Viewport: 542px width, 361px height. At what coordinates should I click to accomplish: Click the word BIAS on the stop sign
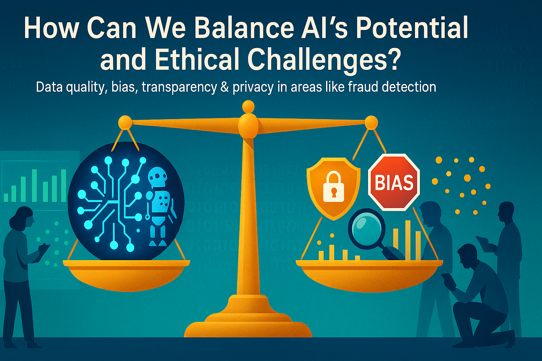(x=394, y=182)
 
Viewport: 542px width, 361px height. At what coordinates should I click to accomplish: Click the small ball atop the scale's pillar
(x=248, y=106)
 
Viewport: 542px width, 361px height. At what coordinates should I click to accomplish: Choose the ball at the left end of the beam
(x=125, y=122)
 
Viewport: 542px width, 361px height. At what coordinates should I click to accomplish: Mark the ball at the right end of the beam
(x=371, y=122)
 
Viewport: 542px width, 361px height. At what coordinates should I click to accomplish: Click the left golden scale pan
(x=126, y=275)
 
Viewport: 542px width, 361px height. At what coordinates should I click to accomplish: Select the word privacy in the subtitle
(x=253, y=87)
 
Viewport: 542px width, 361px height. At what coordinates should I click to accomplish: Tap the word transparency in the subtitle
(x=180, y=87)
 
